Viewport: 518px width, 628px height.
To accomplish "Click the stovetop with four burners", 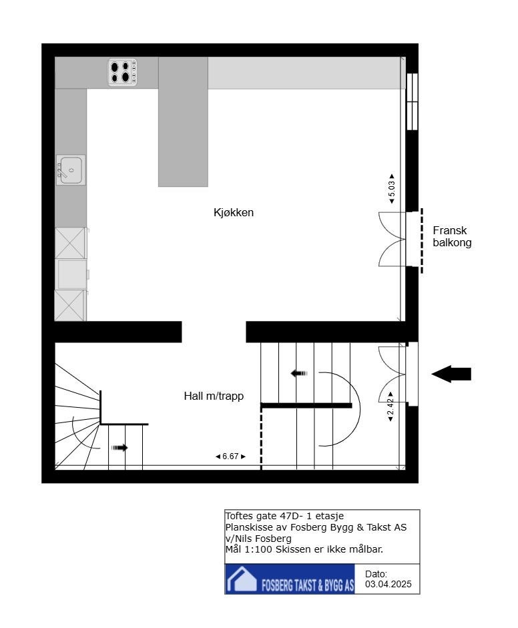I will click(x=123, y=72).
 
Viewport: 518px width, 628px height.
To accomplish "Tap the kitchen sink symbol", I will click(x=70, y=170).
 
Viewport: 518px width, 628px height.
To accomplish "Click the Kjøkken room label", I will click(x=234, y=213).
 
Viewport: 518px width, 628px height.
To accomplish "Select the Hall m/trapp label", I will click(x=214, y=396).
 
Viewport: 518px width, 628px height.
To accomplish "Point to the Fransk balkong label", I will click(x=452, y=236).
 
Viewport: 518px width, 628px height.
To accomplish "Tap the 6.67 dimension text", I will click(x=230, y=456).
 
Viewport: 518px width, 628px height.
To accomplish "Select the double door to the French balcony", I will click(x=393, y=239).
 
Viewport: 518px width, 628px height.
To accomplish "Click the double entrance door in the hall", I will click(x=393, y=374).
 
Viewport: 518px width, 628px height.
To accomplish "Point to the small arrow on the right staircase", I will click(x=299, y=374).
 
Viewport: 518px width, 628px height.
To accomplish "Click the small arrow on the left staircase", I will click(x=119, y=448).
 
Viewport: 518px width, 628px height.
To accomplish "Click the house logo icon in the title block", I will click(x=242, y=579).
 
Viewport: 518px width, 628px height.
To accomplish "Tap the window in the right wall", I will click(x=412, y=101).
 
